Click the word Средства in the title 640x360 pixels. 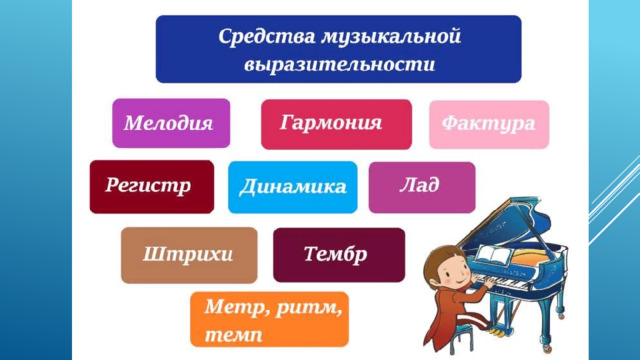click(x=267, y=36)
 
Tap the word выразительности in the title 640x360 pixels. click(x=340, y=64)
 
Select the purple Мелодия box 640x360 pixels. click(x=171, y=123)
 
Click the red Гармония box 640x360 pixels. click(x=336, y=124)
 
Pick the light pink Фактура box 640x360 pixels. click(x=489, y=124)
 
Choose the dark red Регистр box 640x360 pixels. click(x=152, y=187)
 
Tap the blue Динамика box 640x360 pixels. click(x=293, y=187)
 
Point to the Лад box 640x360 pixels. click(x=422, y=187)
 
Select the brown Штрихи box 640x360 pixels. click(x=189, y=255)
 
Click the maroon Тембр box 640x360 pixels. click(x=339, y=255)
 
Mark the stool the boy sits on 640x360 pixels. click(x=462, y=338)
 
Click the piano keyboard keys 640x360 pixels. click(x=506, y=283)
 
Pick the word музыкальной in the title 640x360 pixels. click(x=391, y=37)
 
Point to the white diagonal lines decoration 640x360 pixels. click(x=614, y=200)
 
